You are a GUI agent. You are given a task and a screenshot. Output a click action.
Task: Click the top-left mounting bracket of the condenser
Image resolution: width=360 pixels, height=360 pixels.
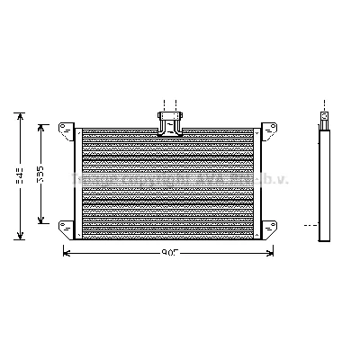[x=66, y=130]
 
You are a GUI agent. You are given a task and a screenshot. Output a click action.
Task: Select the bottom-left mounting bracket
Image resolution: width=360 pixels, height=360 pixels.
[x=66, y=226]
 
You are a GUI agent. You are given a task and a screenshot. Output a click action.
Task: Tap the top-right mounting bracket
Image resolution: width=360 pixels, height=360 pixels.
[x=265, y=130]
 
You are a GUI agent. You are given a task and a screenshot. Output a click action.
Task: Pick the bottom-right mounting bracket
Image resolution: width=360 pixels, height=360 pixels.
[x=265, y=226]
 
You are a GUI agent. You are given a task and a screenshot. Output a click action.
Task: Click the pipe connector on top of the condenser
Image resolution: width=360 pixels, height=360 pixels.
[x=168, y=121]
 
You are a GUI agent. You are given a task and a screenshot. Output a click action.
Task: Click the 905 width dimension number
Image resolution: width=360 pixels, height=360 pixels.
[x=168, y=252]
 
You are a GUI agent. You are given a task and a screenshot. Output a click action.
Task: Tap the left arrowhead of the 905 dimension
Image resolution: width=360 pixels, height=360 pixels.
[x=65, y=252]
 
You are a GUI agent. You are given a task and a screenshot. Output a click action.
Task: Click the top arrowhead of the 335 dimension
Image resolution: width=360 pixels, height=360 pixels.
[x=40, y=126]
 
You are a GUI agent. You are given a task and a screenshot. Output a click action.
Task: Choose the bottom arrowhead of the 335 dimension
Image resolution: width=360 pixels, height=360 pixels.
[x=40, y=225]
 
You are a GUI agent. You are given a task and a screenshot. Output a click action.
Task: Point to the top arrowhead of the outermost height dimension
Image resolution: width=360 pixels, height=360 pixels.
[x=20, y=114]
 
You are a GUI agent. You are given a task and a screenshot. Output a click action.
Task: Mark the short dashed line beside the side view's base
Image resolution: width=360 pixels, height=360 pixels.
[x=310, y=225]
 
